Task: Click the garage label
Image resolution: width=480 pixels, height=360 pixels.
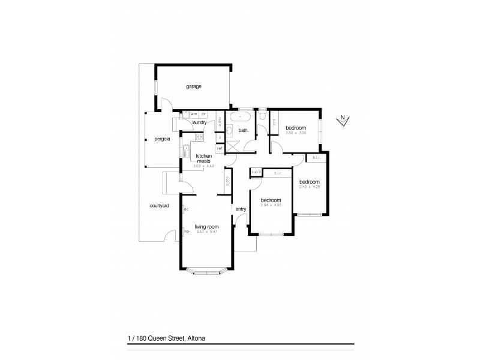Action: pos(193,86)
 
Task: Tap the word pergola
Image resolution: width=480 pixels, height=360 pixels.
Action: pos(162,139)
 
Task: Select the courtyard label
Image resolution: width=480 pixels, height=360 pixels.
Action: pos(159,206)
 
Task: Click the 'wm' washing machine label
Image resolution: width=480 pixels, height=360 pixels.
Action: pos(194,114)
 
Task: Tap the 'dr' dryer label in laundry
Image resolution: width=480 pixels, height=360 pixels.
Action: pos(204,114)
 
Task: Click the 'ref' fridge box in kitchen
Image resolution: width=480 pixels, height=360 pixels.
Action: pos(220,148)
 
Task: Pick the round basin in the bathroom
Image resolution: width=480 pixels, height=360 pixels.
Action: pos(230,130)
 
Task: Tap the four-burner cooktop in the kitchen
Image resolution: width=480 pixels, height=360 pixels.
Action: pos(199,137)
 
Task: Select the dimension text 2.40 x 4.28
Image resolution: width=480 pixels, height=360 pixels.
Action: pos(309,187)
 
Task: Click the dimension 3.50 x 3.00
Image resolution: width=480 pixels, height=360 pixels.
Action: pos(296,133)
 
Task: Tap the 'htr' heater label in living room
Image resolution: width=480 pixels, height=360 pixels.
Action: pos(187,232)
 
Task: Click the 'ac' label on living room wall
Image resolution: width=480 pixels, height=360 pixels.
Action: pos(187,209)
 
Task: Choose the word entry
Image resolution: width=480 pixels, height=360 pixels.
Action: pos(241,209)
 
